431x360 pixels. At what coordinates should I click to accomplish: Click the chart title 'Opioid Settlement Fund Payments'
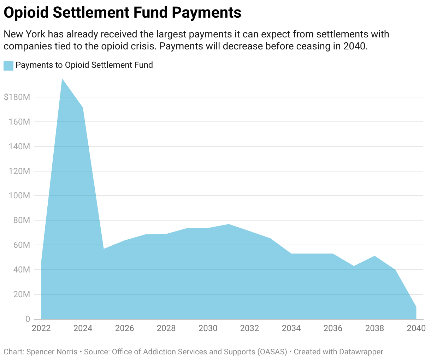click(122, 13)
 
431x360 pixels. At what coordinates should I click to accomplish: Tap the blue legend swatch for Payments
click(8, 65)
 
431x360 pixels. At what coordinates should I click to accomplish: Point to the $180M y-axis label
click(17, 97)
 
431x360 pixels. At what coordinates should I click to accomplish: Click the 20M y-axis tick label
click(20, 294)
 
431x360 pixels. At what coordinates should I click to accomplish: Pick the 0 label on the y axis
click(28, 319)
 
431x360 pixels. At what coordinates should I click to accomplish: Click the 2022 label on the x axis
click(41, 328)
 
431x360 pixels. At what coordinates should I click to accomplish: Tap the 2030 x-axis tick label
click(208, 328)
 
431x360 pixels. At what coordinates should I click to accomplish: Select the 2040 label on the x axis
click(416, 328)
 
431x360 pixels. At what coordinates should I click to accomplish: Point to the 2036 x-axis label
click(333, 328)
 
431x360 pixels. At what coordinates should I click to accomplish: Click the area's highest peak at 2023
click(62, 79)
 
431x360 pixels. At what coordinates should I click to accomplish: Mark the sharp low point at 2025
click(104, 249)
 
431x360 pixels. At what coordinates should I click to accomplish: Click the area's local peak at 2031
click(229, 224)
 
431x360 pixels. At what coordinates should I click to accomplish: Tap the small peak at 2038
click(374, 256)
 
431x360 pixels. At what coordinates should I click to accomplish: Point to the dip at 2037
click(354, 266)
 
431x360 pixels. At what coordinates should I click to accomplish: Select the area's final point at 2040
click(416, 307)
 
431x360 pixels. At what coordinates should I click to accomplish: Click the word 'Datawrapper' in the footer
click(361, 352)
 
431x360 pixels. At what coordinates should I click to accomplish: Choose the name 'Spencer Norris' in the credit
click(52, 352)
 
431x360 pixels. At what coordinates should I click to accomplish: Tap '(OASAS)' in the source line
click(272, 352)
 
